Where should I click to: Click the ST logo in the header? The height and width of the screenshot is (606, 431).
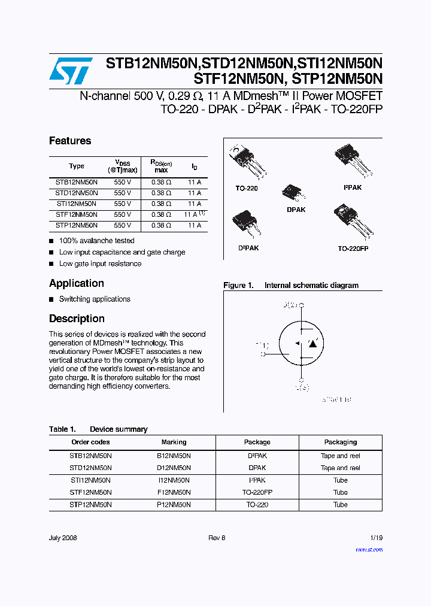pos(71,71)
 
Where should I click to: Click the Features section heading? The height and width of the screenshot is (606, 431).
pos(70,141)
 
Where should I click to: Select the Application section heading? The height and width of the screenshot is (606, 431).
pos(77,283)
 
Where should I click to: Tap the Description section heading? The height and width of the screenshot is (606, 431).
pos(77,319)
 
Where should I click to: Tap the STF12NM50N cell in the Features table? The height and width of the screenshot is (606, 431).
pos(77,214)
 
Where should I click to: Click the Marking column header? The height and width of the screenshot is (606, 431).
pos(174,442)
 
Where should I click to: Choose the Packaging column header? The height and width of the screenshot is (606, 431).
pos(341,442)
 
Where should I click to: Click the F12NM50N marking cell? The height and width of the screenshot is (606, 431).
pos(174,492)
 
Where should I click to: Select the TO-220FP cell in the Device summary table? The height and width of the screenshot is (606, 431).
pos(257,492)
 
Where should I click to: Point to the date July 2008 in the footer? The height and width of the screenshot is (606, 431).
pos(63,538)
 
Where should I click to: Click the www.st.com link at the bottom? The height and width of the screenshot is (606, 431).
pos(369,549)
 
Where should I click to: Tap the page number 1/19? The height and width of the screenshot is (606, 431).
pos(377,538)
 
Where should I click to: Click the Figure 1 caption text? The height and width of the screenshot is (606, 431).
pos(291,286)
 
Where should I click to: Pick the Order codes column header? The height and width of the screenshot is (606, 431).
pos(90,442)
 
